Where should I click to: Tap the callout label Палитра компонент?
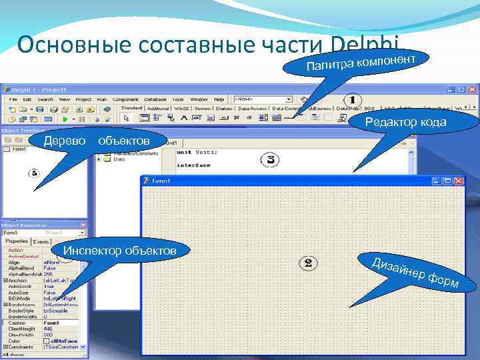(366, 63)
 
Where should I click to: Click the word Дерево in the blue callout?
(65, 141)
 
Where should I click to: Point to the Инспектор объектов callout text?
(119, 251)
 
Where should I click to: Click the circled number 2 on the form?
(308, 263)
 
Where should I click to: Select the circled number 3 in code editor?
(270, 159)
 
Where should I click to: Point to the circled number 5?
(34, 173)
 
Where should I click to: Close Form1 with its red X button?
(458, 181)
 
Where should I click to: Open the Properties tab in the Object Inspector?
(17, 241)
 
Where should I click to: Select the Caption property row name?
(16, 323)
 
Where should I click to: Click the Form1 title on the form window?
(161, 181)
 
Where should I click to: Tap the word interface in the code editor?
(193, 165)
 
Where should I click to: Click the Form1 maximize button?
(447, 181)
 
